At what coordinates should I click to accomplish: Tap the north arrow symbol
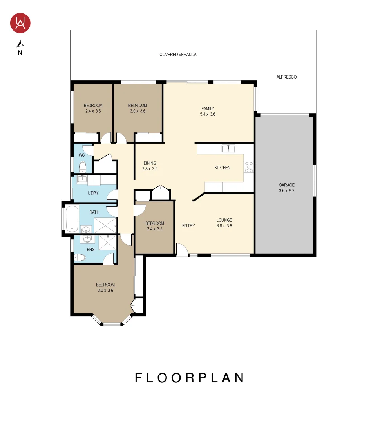(20, 44)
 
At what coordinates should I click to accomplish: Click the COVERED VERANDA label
(178, 55)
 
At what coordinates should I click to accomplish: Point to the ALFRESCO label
(286, 77)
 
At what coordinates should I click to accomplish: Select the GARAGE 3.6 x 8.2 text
(286, 188)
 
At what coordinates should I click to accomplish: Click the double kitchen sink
(228, 148)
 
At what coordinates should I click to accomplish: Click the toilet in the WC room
(83, 168)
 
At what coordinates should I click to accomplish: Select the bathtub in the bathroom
(72, 218)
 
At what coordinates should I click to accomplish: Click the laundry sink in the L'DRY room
(82, 179)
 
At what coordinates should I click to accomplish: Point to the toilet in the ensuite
(80, 258)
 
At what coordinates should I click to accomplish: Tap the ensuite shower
(107, 242)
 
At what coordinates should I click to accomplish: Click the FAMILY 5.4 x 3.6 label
(208, 111)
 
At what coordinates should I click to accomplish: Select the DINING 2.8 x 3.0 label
(150, 166)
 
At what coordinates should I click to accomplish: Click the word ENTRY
(188, 226)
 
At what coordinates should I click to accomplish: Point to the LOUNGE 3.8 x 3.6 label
(224, 223)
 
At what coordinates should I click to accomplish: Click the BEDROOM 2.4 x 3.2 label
(155, 226)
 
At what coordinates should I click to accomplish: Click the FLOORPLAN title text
(190, 378)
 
